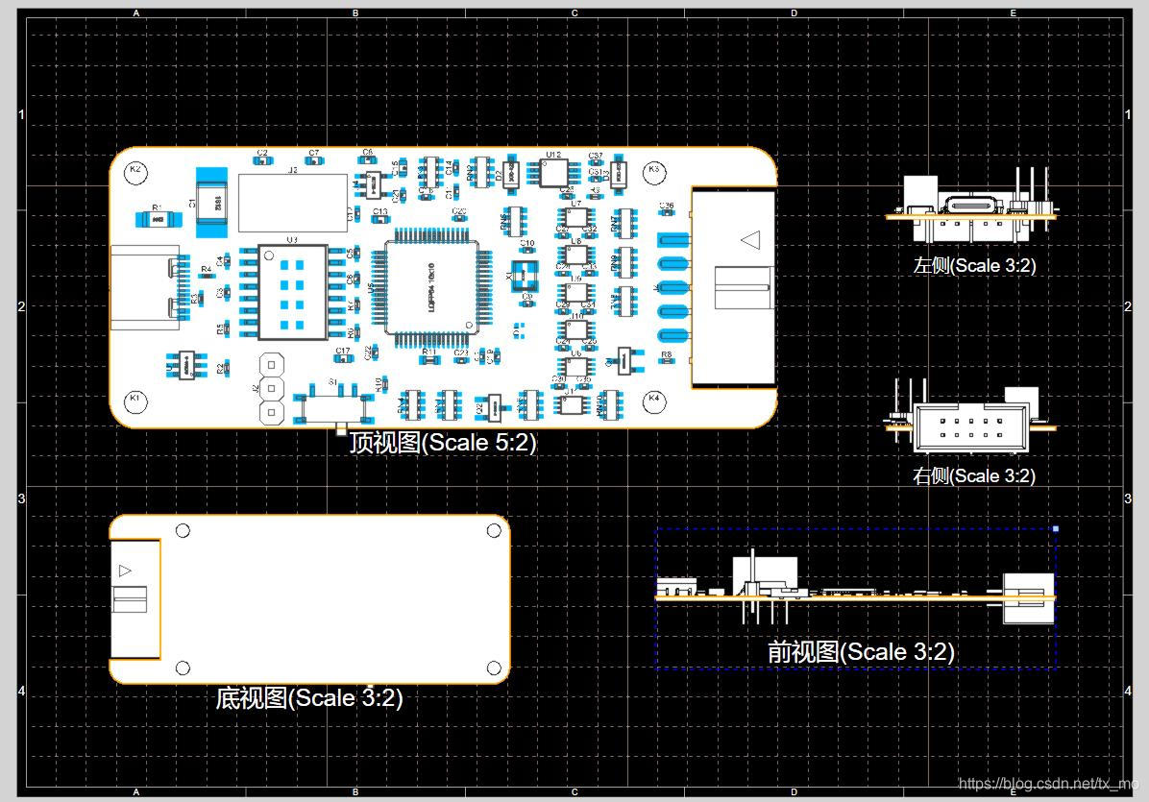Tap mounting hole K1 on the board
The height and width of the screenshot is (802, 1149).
click(x=135, y=399)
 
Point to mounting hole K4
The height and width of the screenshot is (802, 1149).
click(x=654, y=399)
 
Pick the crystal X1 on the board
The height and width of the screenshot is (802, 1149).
click(x=525, y=277)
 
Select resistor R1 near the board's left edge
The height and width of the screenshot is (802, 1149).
click(x=157, y=219)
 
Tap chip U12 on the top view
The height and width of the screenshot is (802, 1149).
click(x=553, y=173)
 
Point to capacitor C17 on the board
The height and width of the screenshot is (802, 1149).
click(x=343, y=359)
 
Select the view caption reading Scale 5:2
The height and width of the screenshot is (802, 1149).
click(x=442, y=443)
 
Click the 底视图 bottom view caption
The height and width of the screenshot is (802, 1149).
click(x=309, y=698)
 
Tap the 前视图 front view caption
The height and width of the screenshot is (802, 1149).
click(x=860, y=652)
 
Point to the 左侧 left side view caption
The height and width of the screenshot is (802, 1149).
click(x=974, y=266)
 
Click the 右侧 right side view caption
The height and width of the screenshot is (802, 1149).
click(x=974, y=475)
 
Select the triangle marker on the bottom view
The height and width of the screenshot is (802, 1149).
click(x=125, y=571)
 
